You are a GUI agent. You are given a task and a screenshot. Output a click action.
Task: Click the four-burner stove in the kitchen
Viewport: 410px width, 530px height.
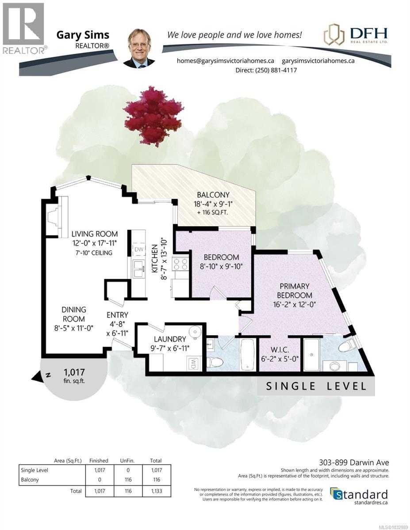(x=181, y=264)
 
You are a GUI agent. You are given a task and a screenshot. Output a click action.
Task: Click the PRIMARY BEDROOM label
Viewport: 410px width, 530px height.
(x=294, y=291)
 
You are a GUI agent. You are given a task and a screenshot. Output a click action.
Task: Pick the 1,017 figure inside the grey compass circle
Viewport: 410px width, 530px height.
(x=74, y=372)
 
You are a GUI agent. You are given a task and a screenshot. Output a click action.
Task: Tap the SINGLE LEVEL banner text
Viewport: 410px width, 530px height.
(x=316, y=386)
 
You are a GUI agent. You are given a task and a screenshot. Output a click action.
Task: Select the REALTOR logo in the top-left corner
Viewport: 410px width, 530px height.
(x=23, y=29)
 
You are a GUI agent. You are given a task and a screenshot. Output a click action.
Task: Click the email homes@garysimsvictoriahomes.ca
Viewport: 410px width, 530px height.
(x=226, y=61)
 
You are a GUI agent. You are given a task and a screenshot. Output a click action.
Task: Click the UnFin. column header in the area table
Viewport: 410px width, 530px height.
(x=127, y=460)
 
